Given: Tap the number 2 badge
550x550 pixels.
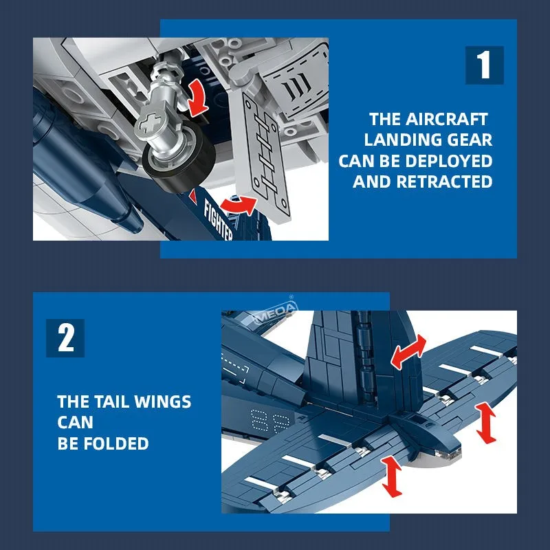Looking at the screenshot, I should click(65, 338).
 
